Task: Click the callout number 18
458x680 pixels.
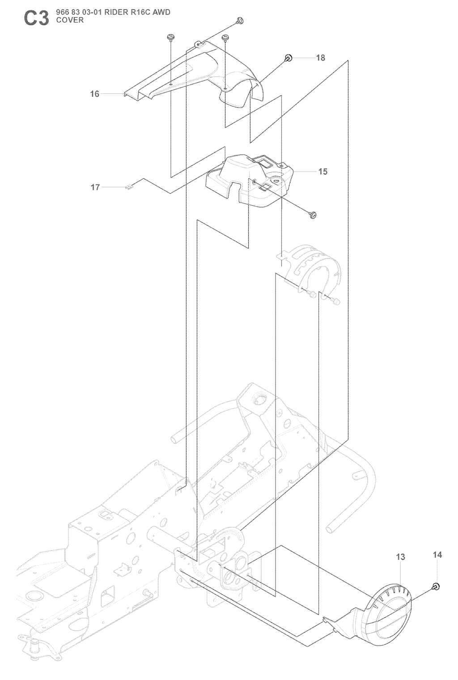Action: click(x=320, y=58)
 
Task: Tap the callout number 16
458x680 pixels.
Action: click(x=95, y=94)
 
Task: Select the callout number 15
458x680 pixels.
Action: click(x=322, y=171)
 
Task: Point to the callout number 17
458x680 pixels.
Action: click(x=95, y=187)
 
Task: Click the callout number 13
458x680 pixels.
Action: click(x=401, y=557)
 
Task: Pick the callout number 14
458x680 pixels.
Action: click(x=437, y=555)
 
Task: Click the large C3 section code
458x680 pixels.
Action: click(x=36, y=18)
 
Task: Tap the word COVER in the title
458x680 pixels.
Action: click(x=70, y=20)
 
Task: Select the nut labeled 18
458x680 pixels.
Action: click(x=288, y=58)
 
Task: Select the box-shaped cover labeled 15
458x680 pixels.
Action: click(x=250, y=179)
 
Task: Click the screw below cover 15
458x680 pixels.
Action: click(x=313, y=216)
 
